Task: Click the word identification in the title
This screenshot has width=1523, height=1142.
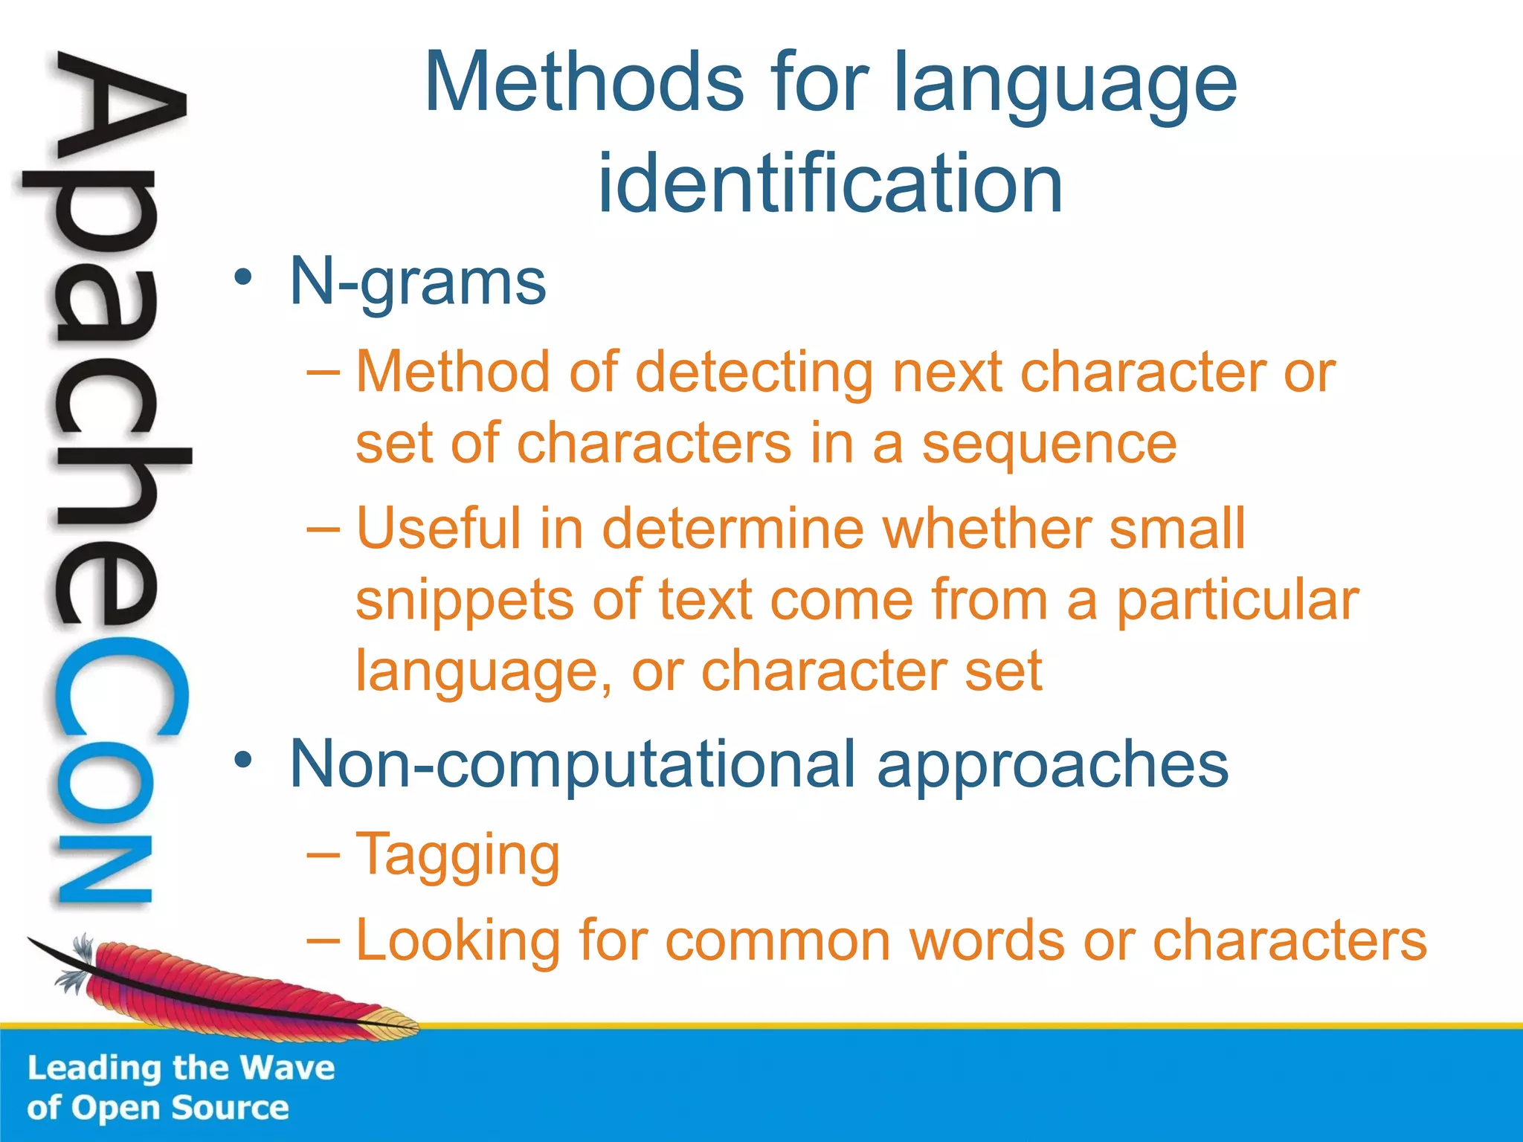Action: coord(830,183)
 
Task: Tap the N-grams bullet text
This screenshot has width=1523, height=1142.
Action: coord(417,283)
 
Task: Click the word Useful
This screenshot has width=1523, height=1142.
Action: coord(438,529)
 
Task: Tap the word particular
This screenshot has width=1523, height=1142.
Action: coord(1237,600)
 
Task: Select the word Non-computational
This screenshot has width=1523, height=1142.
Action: coord(572,764)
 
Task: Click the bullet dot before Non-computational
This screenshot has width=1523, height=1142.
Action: coord(243,760)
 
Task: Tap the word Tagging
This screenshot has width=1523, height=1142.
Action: coord(457,856)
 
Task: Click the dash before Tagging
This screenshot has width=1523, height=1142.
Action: coord(323,856)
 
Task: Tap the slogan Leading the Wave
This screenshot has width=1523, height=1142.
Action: coord(181,1068)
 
